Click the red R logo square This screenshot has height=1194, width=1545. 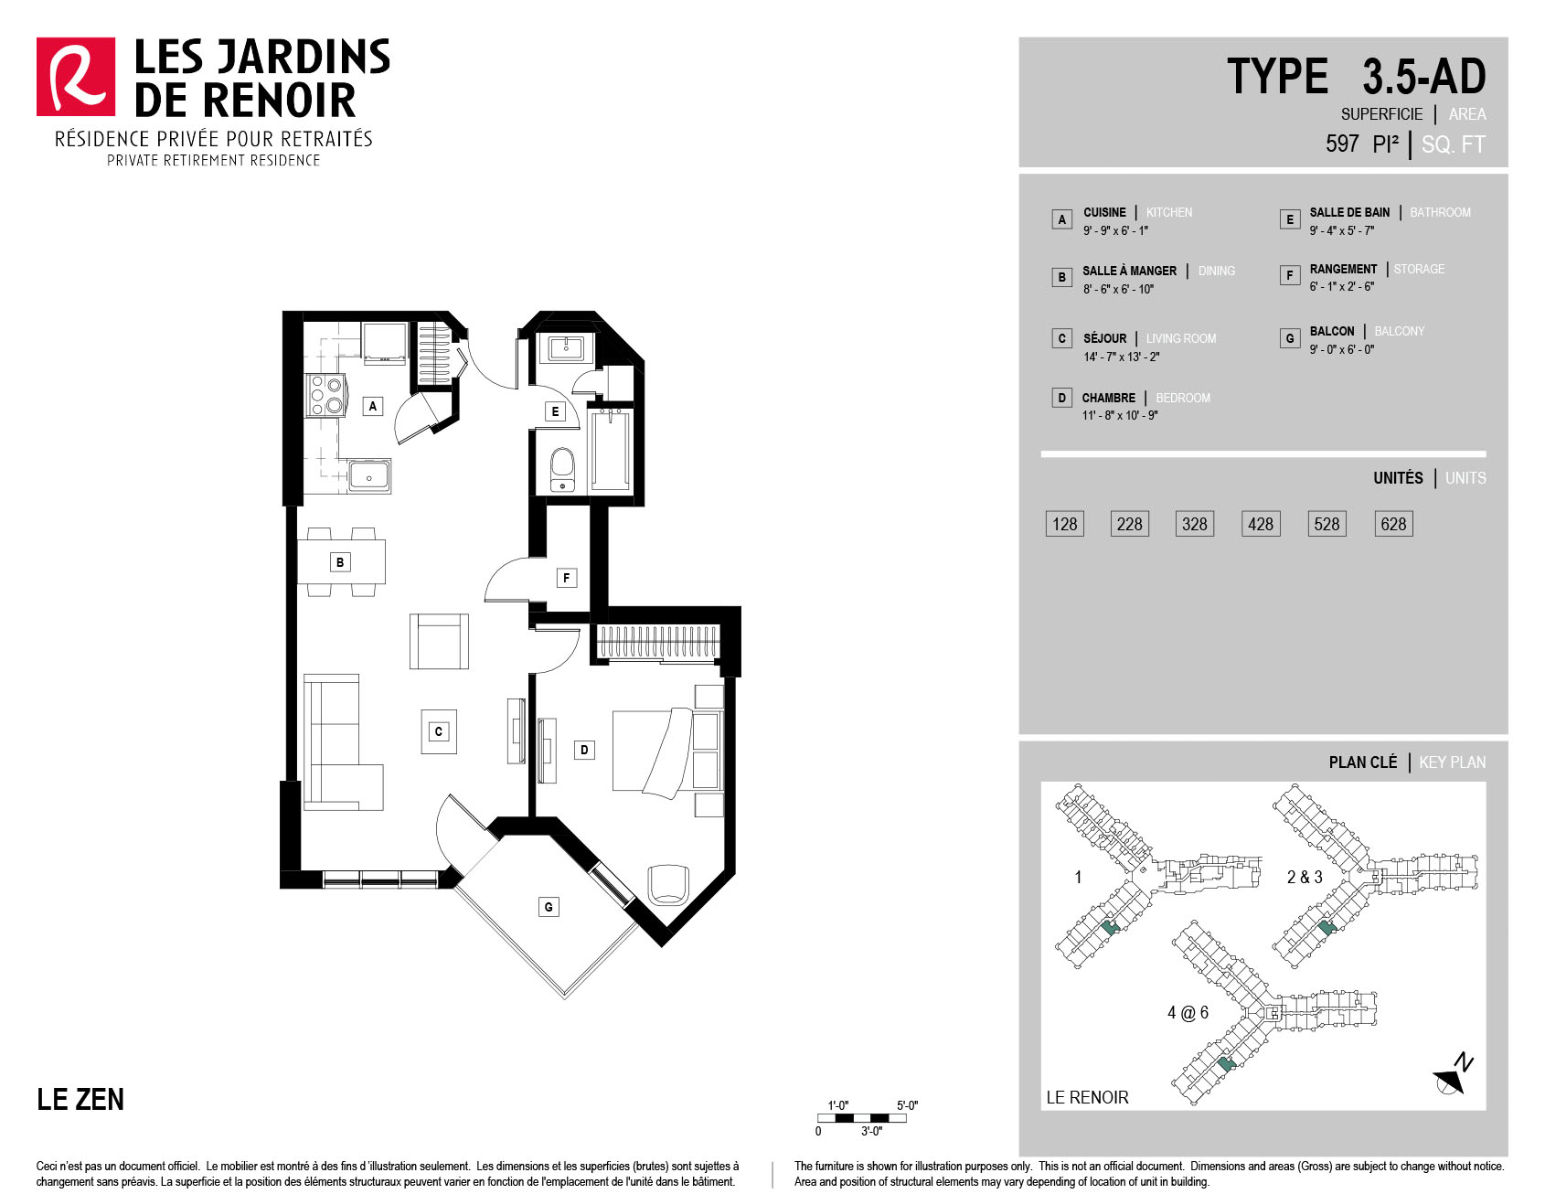(76, 77)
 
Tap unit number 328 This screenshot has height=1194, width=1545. (1194, 524)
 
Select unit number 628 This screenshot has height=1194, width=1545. (1393, 524)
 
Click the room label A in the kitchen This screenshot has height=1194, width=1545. (372, 406)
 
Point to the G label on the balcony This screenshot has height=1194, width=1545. (549, 907)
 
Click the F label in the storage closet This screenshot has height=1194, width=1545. (567, 578)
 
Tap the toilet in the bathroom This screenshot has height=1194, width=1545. (562, 469)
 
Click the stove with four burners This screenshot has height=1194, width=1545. (325, 396)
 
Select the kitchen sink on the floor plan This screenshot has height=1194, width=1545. (369, 475)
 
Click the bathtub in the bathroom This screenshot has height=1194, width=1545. (610, 451)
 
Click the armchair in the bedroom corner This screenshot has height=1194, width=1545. (666, 884)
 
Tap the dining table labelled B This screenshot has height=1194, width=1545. (341, 562)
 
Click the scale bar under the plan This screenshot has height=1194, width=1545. (862, 1118)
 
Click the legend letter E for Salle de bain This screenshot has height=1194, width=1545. (1290, 219)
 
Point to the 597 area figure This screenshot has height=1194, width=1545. (1342, 144)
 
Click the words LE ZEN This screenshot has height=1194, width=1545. (80, 1099)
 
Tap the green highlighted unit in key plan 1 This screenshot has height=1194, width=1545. (1110, 927)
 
